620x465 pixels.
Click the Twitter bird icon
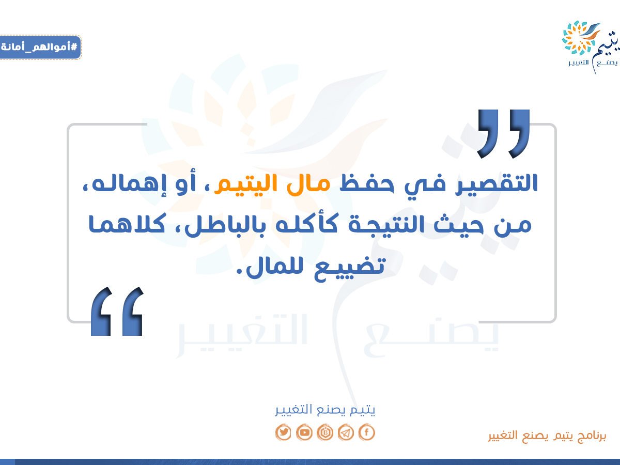(283, 432)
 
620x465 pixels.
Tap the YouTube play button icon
(304, 432)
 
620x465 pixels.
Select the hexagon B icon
(325, 432)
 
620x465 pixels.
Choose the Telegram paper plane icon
(346, 432)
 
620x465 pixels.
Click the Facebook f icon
(367, 432)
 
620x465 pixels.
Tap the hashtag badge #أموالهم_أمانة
(40, 47)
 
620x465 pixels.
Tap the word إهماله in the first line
(129, 183)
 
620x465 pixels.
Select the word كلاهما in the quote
(127, 224)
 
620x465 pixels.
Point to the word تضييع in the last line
(349, 269)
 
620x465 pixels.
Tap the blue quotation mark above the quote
(503, 134)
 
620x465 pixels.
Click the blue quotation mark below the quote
(117, 311)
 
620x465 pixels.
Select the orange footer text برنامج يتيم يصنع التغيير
(547, 436)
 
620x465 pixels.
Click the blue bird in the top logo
(590, 32)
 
